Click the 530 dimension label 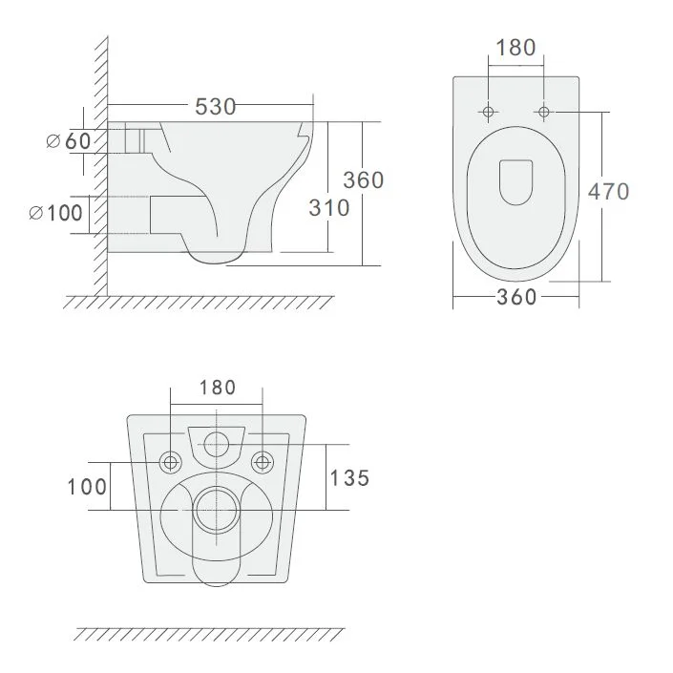tap(216, 107)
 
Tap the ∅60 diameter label tap(69, 140)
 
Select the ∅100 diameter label tap(55, 213)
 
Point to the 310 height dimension tap(329, 208)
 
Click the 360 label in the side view tap(363, 180)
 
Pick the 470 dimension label tap(609, 192)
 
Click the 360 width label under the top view tap(516, 297)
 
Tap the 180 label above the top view tap(515, 48)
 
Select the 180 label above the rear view tap(218, 388)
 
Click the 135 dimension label tap(349, 478)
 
